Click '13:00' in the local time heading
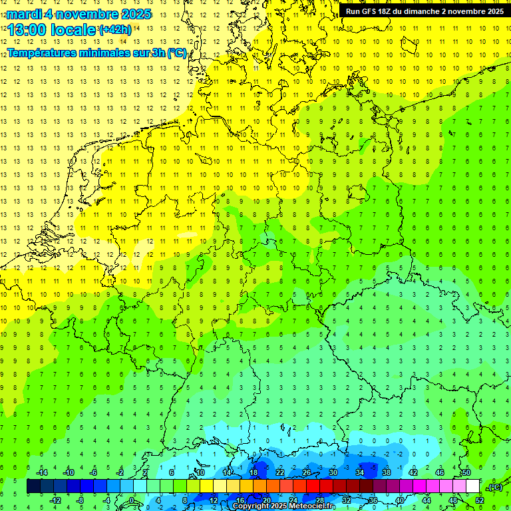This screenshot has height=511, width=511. (x=27, y=30)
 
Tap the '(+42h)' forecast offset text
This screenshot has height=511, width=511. (x=114, y=30)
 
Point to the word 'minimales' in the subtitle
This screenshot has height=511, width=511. (x=111, y=53)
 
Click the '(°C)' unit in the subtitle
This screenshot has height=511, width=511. (x=176, y=53)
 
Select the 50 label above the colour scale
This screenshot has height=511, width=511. (x=466, y=472)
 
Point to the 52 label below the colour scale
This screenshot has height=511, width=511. (x=480, y=500)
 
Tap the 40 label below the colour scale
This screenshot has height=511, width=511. (x=400, y=500)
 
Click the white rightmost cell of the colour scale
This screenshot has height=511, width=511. (x=473, y=486)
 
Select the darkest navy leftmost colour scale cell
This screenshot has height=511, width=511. (x=33, y=486)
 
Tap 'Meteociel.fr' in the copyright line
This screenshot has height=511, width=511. (x=312, y=506)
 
